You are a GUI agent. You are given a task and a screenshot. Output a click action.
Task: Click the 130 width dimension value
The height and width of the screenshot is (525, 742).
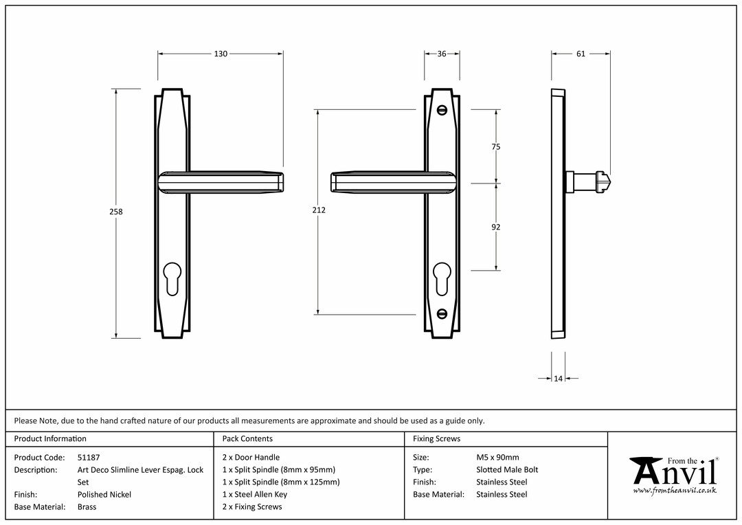(221, 54)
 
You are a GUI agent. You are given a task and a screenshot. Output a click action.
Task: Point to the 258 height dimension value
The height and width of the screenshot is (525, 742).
(116, 212)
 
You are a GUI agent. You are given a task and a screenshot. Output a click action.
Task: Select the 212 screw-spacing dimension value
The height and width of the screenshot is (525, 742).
(319, 210)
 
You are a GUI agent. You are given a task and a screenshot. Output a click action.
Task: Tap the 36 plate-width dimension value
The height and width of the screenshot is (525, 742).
(442, 54)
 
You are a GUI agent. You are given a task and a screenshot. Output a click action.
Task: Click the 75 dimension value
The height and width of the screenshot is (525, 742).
(495, 147)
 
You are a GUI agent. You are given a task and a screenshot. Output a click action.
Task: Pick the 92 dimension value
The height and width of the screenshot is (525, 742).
(495, 227)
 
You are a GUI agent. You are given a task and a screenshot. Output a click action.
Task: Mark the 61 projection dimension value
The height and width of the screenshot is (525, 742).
(581, 54)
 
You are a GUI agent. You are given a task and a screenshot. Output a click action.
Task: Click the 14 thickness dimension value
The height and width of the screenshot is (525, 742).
(559, 378)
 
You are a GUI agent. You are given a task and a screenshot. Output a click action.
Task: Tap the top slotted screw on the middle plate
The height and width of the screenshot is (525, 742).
(442, 111)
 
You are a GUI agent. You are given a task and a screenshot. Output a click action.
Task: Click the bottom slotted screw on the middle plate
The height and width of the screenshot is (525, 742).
(442, 313)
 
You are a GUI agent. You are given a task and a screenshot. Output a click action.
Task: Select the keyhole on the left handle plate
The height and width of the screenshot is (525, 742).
(172, 279)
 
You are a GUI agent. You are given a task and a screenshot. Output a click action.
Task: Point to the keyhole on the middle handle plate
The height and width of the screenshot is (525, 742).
(442, 279)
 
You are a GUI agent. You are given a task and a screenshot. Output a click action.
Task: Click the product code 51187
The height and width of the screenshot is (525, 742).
(89, 457)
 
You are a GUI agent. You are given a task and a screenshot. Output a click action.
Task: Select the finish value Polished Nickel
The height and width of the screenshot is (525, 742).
(104, 494)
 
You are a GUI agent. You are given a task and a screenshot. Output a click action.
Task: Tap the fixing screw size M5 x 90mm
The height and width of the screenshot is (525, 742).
(497, 457)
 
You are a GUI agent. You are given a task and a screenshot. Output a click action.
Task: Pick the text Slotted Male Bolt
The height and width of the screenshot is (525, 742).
(507, 469)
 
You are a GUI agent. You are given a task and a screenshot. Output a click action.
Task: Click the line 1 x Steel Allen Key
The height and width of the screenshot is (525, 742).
(255, 494)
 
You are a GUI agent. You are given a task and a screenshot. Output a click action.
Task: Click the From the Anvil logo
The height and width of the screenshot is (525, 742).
(675, 476)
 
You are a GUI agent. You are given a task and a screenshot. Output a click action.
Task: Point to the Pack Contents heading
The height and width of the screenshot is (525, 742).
(247, 438)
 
